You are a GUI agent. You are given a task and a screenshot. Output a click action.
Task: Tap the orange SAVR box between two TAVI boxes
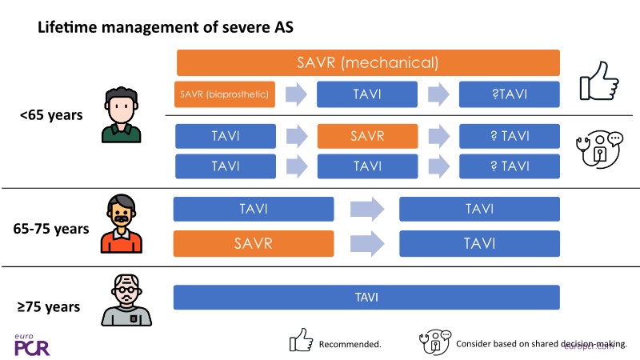click(367, 137)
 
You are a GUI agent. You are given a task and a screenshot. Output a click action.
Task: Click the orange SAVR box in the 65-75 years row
click(254, 243)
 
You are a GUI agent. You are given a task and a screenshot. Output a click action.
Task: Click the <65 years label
click(51, 114)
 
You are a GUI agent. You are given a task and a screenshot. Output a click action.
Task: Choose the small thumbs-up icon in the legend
click(300, 342)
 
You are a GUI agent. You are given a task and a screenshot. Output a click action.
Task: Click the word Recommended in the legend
click(350, 344)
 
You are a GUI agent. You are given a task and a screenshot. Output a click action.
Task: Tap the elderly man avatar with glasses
click(122, 302)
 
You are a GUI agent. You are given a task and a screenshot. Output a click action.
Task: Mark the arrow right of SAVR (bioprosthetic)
click(296, 95)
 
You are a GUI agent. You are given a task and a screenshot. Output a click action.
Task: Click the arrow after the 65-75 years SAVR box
click(366, 243)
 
